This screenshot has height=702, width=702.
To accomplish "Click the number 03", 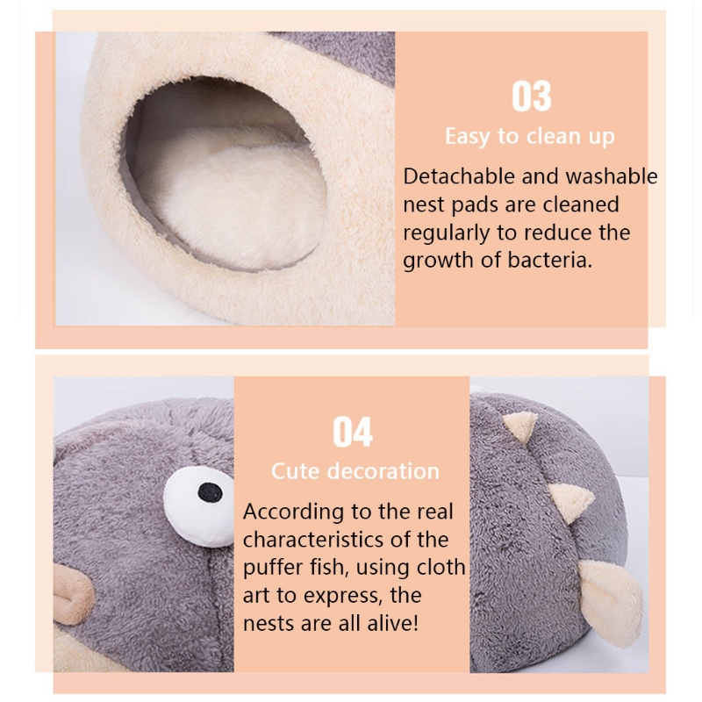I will [x=531, y=97].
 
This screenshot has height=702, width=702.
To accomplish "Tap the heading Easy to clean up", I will [x=529, y=137].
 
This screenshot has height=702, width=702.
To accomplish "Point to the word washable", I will [x=611, y=176].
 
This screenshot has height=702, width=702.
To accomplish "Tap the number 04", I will [x=353, y=432].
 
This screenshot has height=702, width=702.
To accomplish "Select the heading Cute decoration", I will [x=355, y=471].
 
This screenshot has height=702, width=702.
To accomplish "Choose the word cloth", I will [x=440, y=568].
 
